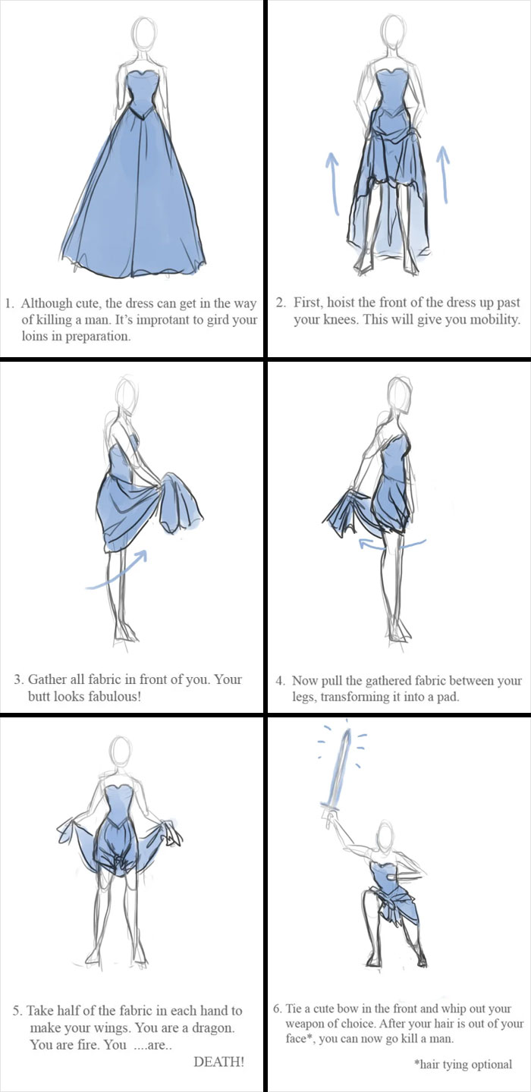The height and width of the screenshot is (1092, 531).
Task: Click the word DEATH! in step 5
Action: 219,1062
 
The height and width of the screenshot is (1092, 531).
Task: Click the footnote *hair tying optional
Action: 463,1064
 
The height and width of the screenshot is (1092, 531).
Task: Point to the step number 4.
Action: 279,681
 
